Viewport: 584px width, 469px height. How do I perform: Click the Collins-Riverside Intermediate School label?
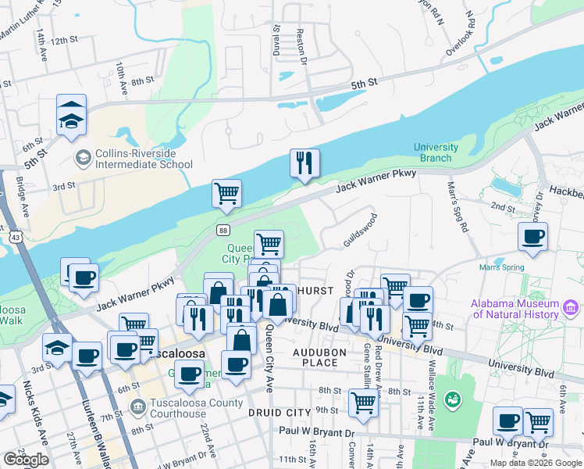pos(143,159)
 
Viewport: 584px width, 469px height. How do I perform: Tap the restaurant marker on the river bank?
pos(304,163)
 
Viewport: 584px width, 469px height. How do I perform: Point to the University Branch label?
pos(436,152)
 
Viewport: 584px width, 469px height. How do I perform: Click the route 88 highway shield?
pos(223,230)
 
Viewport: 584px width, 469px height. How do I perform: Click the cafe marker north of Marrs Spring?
pos(532,237)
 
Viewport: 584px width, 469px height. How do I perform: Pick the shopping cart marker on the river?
pos(226,194)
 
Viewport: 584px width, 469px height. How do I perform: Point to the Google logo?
pos(26,460)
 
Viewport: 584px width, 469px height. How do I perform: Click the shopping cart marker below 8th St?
pos(363,403)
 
